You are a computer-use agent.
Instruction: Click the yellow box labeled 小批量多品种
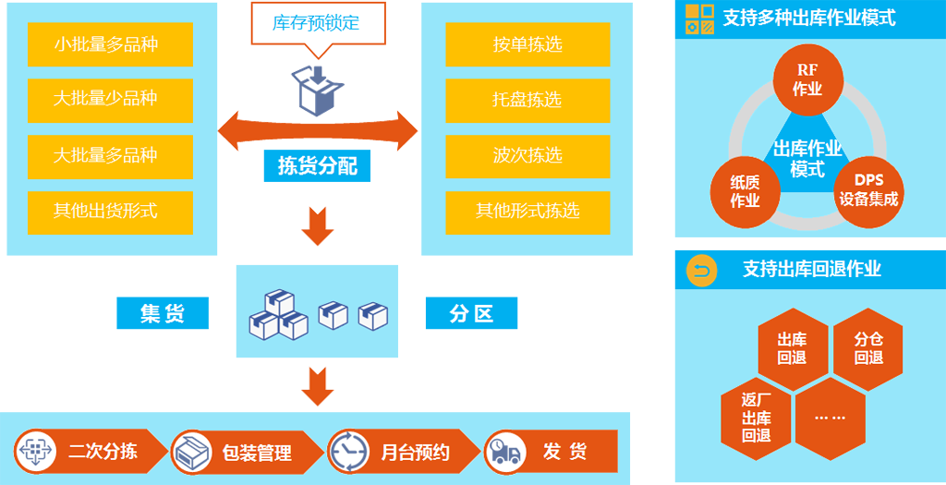coord(110,44)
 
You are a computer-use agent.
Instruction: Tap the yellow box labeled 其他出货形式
coord(110,212)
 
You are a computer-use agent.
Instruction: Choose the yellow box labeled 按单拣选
coord(528,44)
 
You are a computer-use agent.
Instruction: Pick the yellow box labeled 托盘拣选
coord(528,100)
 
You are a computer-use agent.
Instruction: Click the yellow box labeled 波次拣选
coord(528,156)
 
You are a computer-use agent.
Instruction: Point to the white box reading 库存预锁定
coord(317,23)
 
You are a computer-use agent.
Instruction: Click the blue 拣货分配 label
coord(317,167)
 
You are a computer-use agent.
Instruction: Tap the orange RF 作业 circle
coord(807,80)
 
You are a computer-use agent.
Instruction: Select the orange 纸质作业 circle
coord(745,190)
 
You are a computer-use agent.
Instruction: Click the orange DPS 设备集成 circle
coord(868,190)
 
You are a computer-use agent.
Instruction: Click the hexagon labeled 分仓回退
coord(868,349)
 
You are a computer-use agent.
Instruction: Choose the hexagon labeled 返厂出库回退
coord(756,418)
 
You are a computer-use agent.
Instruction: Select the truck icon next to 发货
coord(505,451)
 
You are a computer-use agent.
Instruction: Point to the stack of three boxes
coord(278,315)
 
